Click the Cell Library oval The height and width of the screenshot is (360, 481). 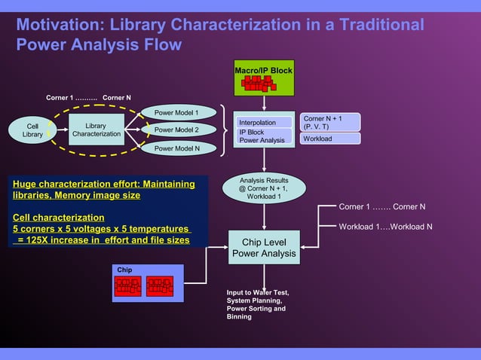pos(32,130)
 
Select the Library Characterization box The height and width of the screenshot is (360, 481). pos(96,130)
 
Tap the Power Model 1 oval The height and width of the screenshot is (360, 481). pos(176,113)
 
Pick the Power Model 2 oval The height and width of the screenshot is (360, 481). pos(176,130)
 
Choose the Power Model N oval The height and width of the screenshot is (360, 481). pos(176,148)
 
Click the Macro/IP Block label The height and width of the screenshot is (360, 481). pos(263,71)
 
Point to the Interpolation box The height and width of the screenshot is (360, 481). pos(258,122)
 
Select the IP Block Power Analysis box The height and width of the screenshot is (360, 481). pos(262,136)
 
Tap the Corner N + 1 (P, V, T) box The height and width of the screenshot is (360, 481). pos(330,122)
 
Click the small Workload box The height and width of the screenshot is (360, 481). pos(330,139)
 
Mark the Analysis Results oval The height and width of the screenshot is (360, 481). pos(263,188)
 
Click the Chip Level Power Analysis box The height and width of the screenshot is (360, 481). pos(263,249)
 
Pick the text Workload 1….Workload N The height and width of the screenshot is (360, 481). pos(385,227)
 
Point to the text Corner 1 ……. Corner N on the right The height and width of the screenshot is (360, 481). pos(381,206)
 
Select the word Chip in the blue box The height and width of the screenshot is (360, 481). pos(124,270)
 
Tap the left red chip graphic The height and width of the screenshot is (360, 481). pos(128,285)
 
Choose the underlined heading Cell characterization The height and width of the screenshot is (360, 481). pos(58,217)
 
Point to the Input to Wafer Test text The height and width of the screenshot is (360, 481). pos(258,292)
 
